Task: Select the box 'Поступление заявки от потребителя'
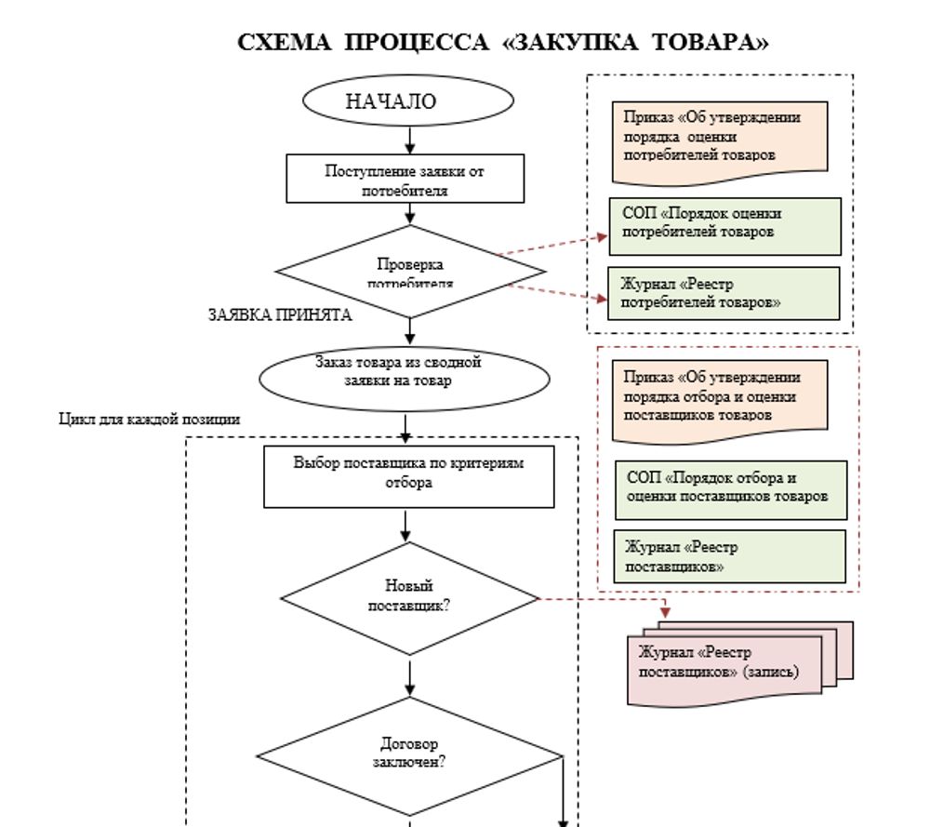[405, 179]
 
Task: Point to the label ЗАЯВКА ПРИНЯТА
[279, 315]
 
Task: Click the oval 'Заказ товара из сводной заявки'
[397, 372]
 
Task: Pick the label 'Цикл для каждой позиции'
[150, 420]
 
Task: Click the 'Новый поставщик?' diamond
[409, 595]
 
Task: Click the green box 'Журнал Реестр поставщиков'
[730, 555]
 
